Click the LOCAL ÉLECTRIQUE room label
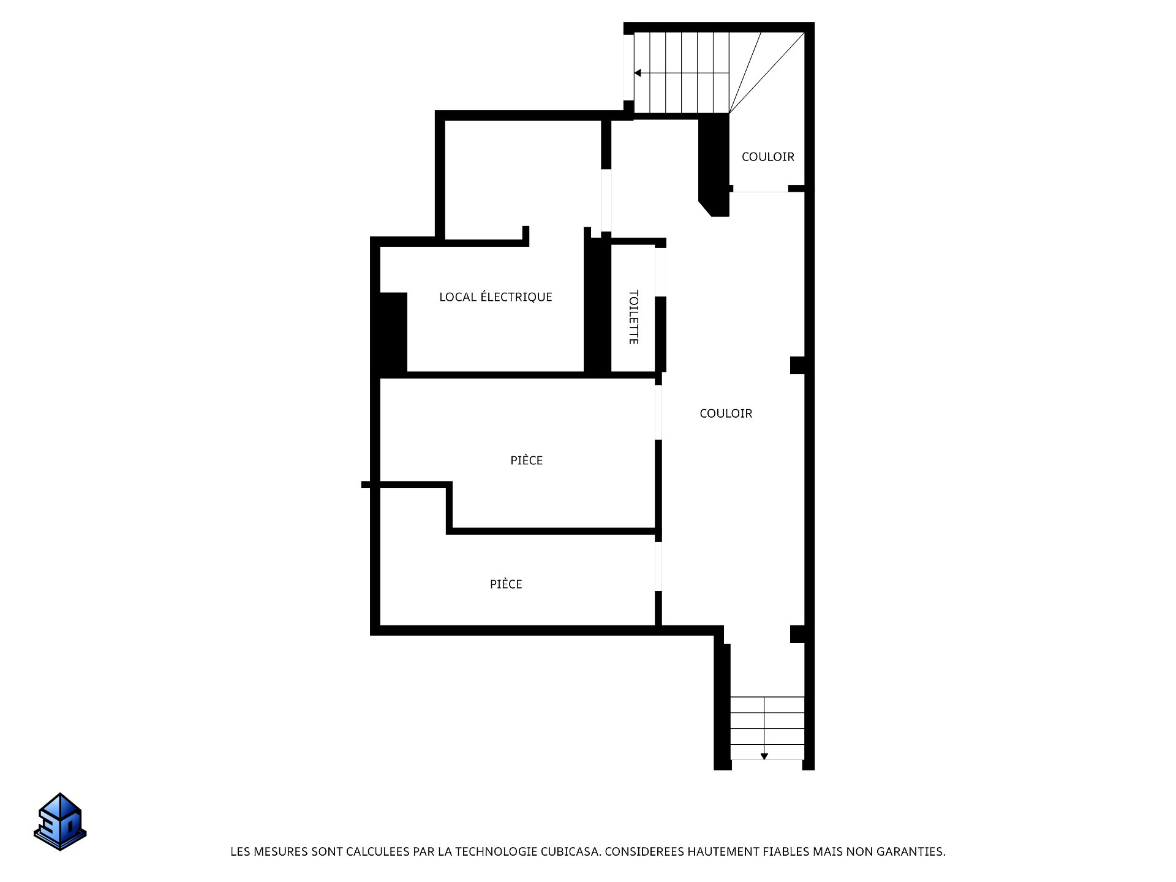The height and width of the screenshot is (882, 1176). (496, 297)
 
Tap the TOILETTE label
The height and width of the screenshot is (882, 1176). (634, 317)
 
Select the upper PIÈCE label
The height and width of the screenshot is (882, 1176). (527, 460)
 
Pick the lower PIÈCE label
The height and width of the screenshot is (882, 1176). (506, 584)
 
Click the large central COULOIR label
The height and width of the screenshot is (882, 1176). (726, 413)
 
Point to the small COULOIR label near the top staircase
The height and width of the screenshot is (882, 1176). (768, 157)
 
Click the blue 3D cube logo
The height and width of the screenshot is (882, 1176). (60, 821)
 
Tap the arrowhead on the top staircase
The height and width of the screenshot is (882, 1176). (638, 73)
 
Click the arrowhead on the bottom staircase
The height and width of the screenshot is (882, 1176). (764, 756)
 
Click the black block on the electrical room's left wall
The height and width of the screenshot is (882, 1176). (393, 333)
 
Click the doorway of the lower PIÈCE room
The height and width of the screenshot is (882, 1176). (658, 567)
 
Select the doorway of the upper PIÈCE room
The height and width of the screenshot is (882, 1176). (658, 412)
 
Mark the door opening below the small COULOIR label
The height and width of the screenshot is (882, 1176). (760, 189)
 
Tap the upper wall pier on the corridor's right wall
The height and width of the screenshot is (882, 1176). (797, 365)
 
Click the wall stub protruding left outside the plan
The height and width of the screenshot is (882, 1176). (366, 484)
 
